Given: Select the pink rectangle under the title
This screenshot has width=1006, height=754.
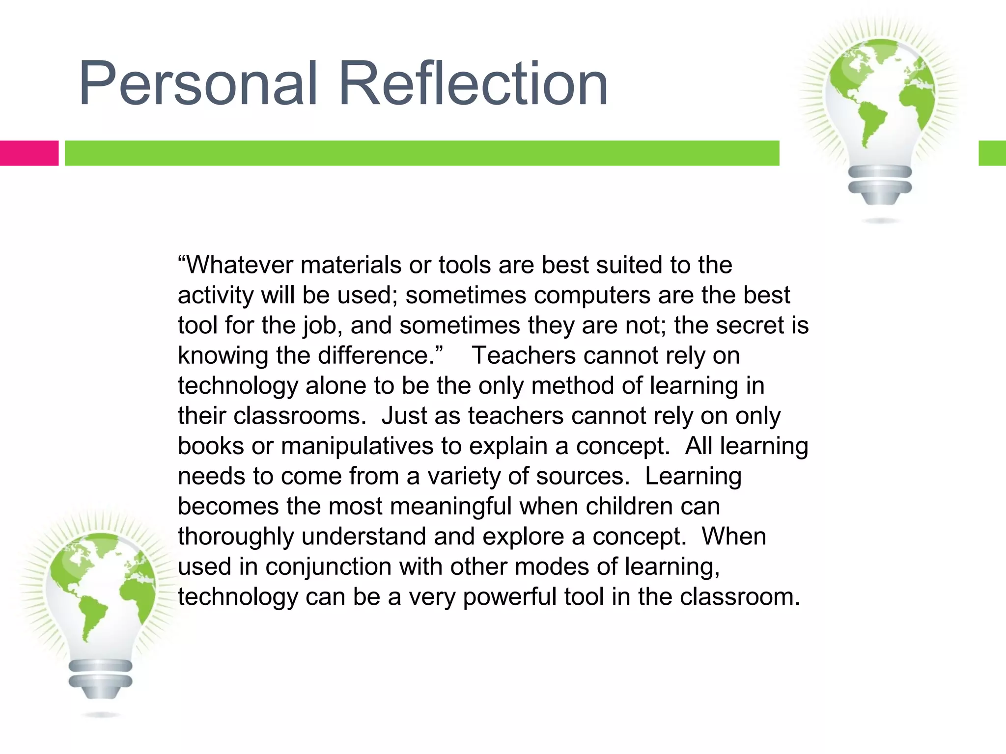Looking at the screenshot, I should click(29, 153).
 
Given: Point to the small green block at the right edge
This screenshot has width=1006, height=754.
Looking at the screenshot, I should click(992, 153).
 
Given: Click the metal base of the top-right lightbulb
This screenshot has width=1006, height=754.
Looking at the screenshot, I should click(880, 184).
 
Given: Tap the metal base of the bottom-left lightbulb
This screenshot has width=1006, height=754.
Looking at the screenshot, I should click(101, 678).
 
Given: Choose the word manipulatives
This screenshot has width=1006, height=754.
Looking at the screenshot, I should click(357, 446).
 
